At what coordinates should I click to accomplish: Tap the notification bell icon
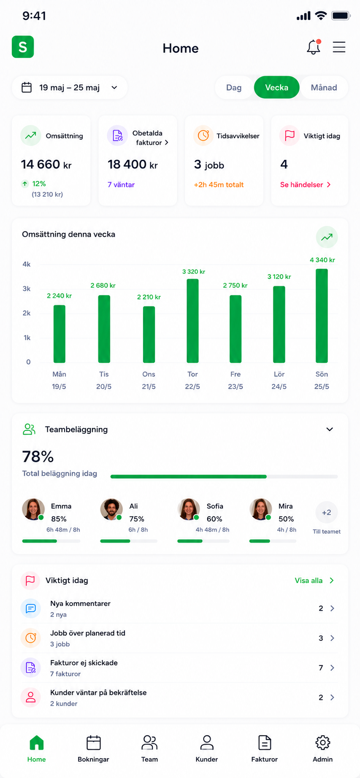(314, 47)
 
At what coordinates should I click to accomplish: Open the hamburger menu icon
(339, 47)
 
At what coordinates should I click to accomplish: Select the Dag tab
(234, 87)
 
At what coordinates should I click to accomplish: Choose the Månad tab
(324, 87)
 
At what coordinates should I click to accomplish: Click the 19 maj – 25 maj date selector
(70, 87)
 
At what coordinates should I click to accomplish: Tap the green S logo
(23, 47)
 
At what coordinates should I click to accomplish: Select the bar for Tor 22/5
(192, 321)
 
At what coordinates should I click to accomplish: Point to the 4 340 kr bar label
(322, 260)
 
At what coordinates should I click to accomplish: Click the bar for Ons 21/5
(149, 334)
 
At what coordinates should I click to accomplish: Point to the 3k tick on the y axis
(27, 289)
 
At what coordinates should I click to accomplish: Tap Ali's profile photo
(111, 509)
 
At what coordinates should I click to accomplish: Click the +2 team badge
(327, 512)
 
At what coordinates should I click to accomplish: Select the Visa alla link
(314, 581)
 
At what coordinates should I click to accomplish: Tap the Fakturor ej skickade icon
(31, 667)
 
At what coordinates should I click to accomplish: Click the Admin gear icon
(323, 743)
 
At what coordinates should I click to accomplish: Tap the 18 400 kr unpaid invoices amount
(133, 165)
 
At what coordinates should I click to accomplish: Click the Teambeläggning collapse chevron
(330, 430)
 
